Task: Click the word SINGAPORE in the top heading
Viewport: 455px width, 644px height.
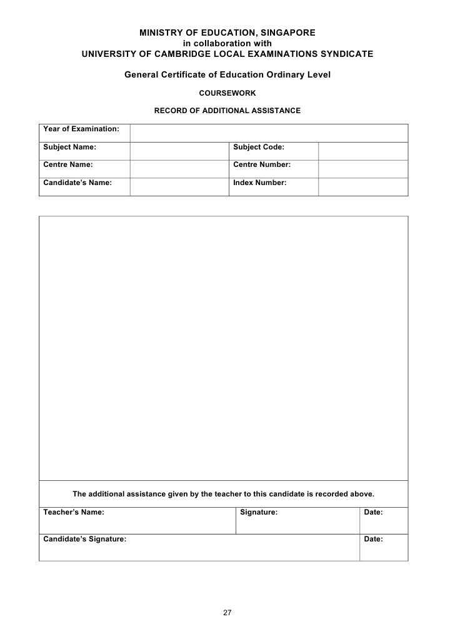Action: [286, 33]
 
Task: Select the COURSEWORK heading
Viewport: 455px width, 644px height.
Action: [227, 93]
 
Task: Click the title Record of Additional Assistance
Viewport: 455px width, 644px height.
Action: [227, 111]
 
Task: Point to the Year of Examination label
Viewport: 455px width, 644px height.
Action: [81, 129]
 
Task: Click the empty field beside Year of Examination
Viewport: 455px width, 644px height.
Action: [269, 132]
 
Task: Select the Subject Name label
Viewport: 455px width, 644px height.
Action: [69, 148]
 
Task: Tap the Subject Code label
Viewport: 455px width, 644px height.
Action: [259, 148]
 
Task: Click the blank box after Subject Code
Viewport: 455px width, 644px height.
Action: [363, 151]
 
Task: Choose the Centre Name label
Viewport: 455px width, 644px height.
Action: [68, 165]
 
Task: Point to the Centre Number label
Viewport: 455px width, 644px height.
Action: [262, 165]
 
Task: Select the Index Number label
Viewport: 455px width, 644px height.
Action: [260, 183]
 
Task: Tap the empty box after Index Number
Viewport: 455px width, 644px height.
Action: [363, 186]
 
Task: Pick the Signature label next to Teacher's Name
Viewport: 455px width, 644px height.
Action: [259, 512]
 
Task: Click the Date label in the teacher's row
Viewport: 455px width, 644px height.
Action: [373, 512]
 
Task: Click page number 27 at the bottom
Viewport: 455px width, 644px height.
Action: [227, 612]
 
